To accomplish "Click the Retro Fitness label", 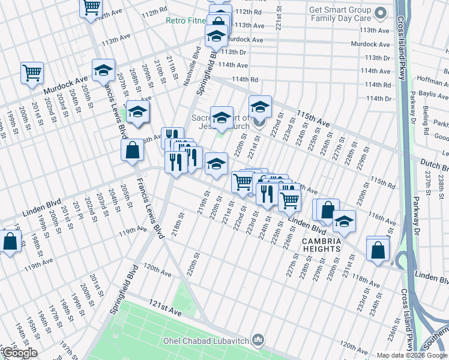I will point(186,20).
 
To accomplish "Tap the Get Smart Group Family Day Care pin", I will point(379,13).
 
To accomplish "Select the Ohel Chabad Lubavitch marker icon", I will point(258,341).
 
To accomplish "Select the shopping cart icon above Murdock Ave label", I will point(32,73).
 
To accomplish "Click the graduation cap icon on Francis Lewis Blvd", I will point(104,70).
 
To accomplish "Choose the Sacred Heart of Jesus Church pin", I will point(259,123).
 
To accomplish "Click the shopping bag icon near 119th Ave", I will point(10,242).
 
